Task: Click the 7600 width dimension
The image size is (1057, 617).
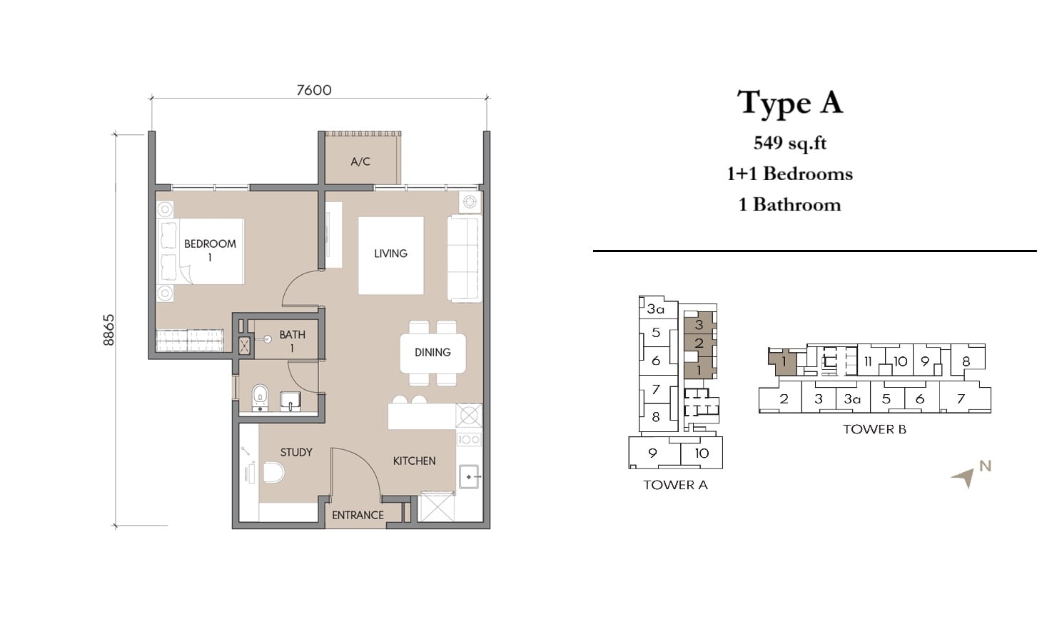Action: pyautogui.click(x=314, y=90)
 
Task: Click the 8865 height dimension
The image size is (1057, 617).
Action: pyautogui.click(x=109, y=330)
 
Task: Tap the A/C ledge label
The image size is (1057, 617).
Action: pyautogui.click(x=360, y=161)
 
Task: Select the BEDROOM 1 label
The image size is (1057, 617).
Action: pyautogui.click(x=210, y=250)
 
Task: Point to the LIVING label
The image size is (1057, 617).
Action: pyautogui.click(x=390, y=254)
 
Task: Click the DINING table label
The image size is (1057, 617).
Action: pyautogui.click(x=433, y=352)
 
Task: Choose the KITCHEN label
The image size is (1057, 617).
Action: pyautogui.click(x=414, y=461)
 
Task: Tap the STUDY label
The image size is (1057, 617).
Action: pyautogui.click(x=296, y=452)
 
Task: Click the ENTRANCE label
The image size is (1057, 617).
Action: pyautogui.click(x=358, y=515)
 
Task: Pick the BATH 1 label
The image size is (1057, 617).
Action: pyautogui.click(x=292, y=341)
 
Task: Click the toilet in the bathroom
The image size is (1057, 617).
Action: pyautogui.click(x=260, y=398)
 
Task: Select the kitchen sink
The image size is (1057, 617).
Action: pyautogui.click(x=469, y=477)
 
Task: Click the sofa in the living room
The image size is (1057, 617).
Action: pyautogui.click(x=465, y=259)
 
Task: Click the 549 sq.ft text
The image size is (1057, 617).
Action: pyautogui.click(x=790, y=143)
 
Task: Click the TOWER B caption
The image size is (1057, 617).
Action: pyautogui.click(x=874, y=429)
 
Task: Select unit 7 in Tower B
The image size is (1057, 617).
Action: pyautogui.click(x=961, y=399)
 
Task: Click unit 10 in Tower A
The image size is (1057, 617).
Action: pyautogui.click(x=702, y=453)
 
